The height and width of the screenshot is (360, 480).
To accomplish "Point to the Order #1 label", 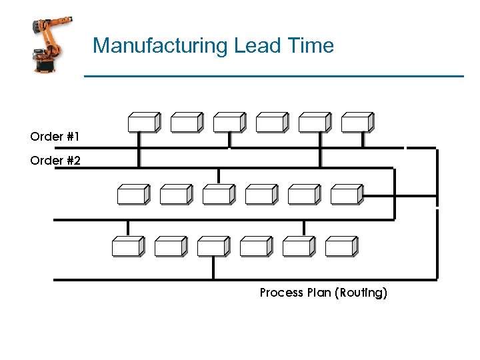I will click(x=55, y=137).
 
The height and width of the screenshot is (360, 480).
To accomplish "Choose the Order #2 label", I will click(x=55, y=161).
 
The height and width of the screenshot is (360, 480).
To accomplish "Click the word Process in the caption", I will click(x=280, y=293).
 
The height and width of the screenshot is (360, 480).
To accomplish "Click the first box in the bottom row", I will click(x=127, y=246).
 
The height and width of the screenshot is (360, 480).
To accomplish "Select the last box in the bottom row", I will click(x=341, y=246).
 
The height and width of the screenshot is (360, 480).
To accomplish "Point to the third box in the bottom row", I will click(x=213, y=246).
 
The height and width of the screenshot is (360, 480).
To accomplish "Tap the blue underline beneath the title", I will click(x=273, y=77).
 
